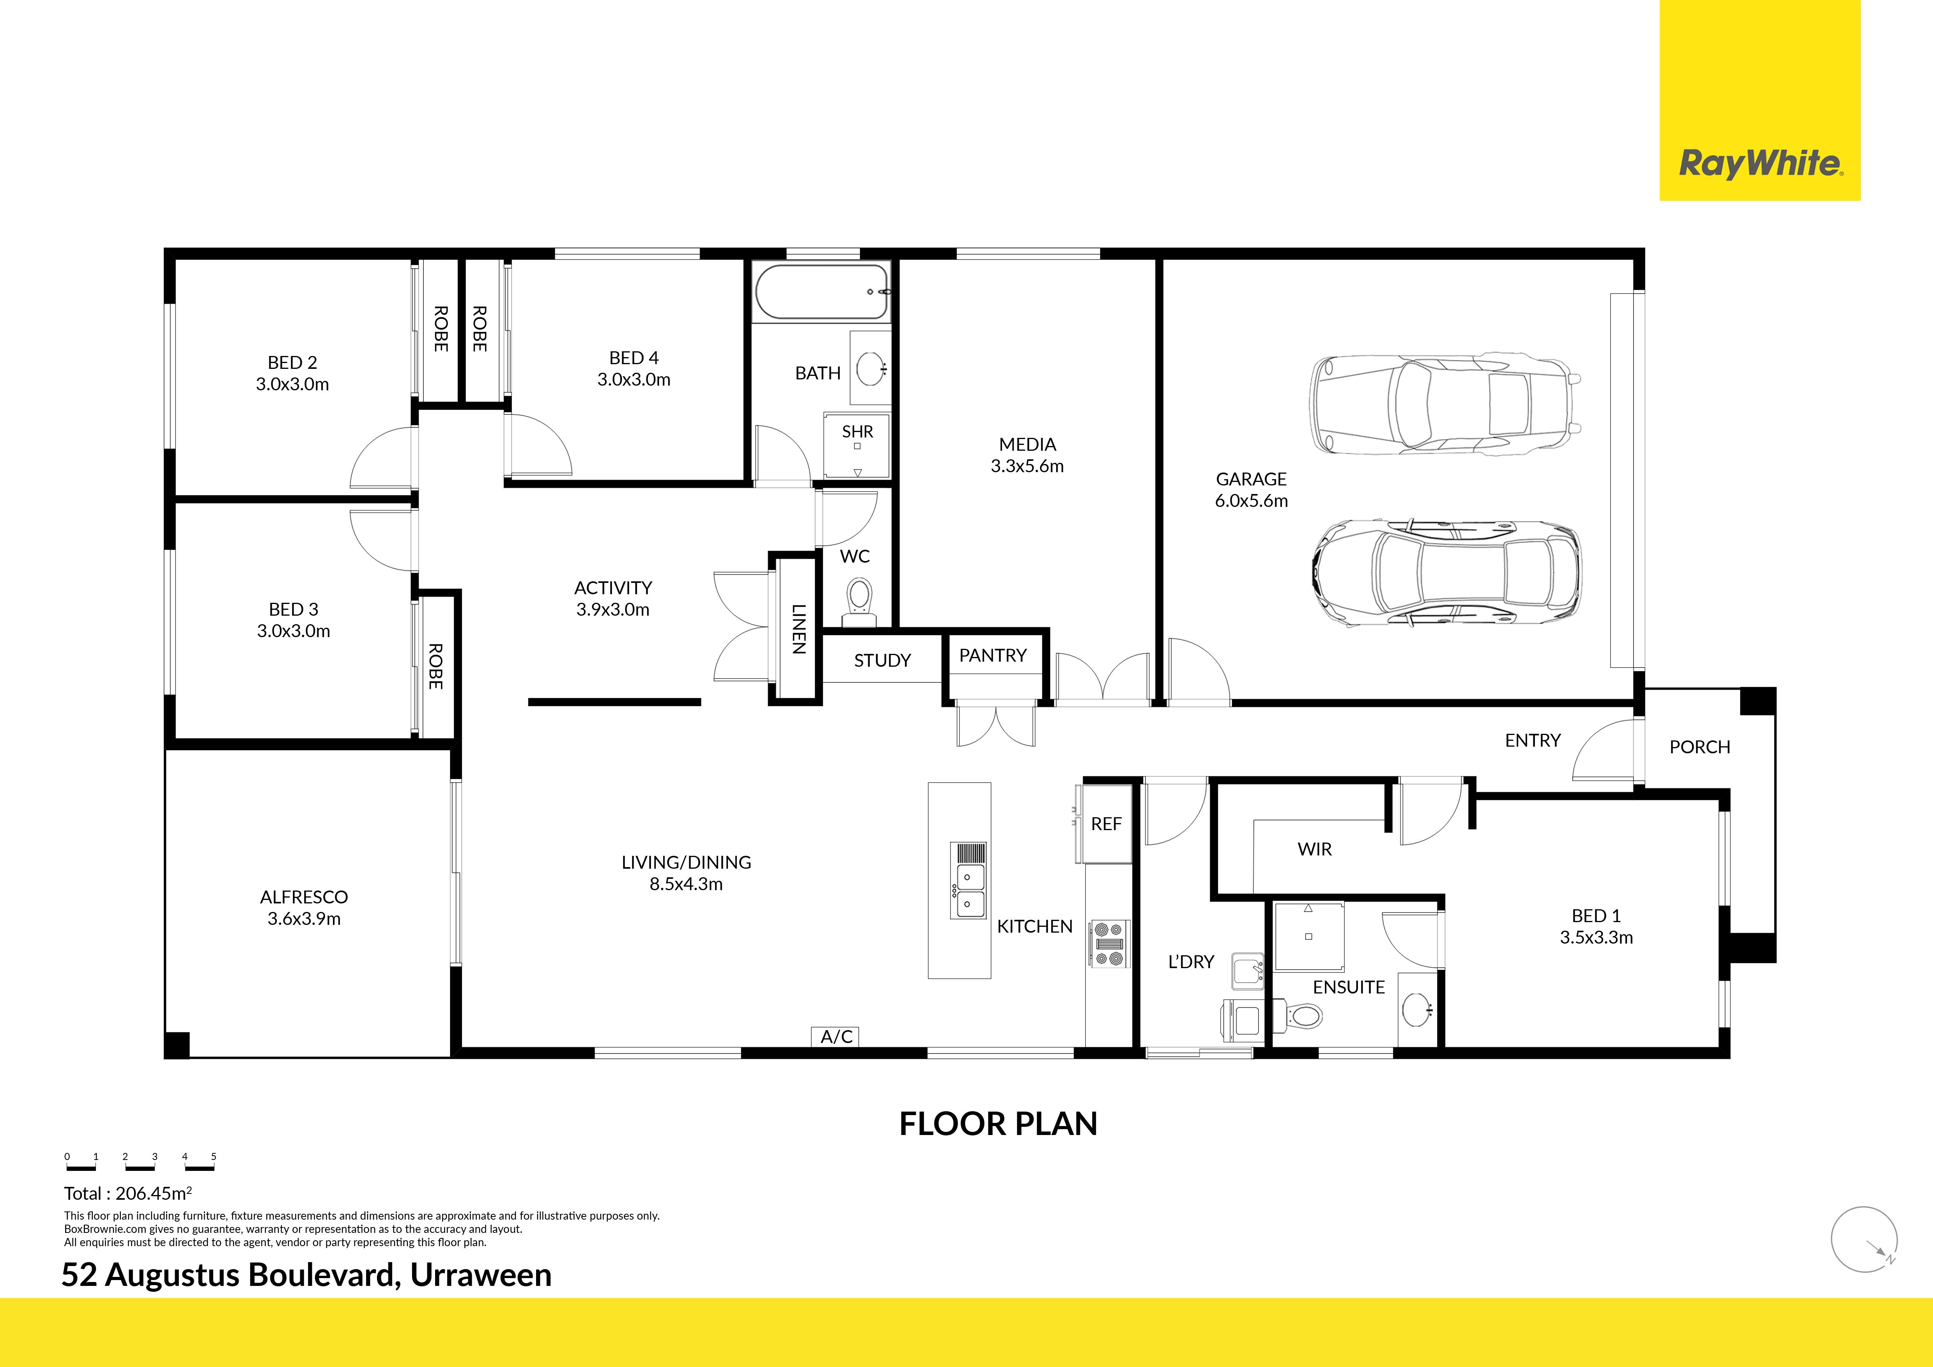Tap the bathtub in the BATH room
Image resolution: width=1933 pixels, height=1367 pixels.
point(823,292)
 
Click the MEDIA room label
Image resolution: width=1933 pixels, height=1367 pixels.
point(1027,444)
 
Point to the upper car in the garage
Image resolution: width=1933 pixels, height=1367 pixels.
point(1445,405)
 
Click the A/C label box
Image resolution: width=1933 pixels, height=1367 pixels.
point(836,1036)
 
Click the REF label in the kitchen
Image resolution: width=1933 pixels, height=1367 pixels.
point(1106,824)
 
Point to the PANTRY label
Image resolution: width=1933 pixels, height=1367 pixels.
point(993,656)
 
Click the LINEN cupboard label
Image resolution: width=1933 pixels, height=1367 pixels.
point(798,629)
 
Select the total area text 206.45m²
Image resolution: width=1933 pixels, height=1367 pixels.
point(153,1193)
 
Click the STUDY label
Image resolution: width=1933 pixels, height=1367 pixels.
point(882,661)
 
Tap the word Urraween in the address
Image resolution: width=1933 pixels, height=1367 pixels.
point(481,1275)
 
